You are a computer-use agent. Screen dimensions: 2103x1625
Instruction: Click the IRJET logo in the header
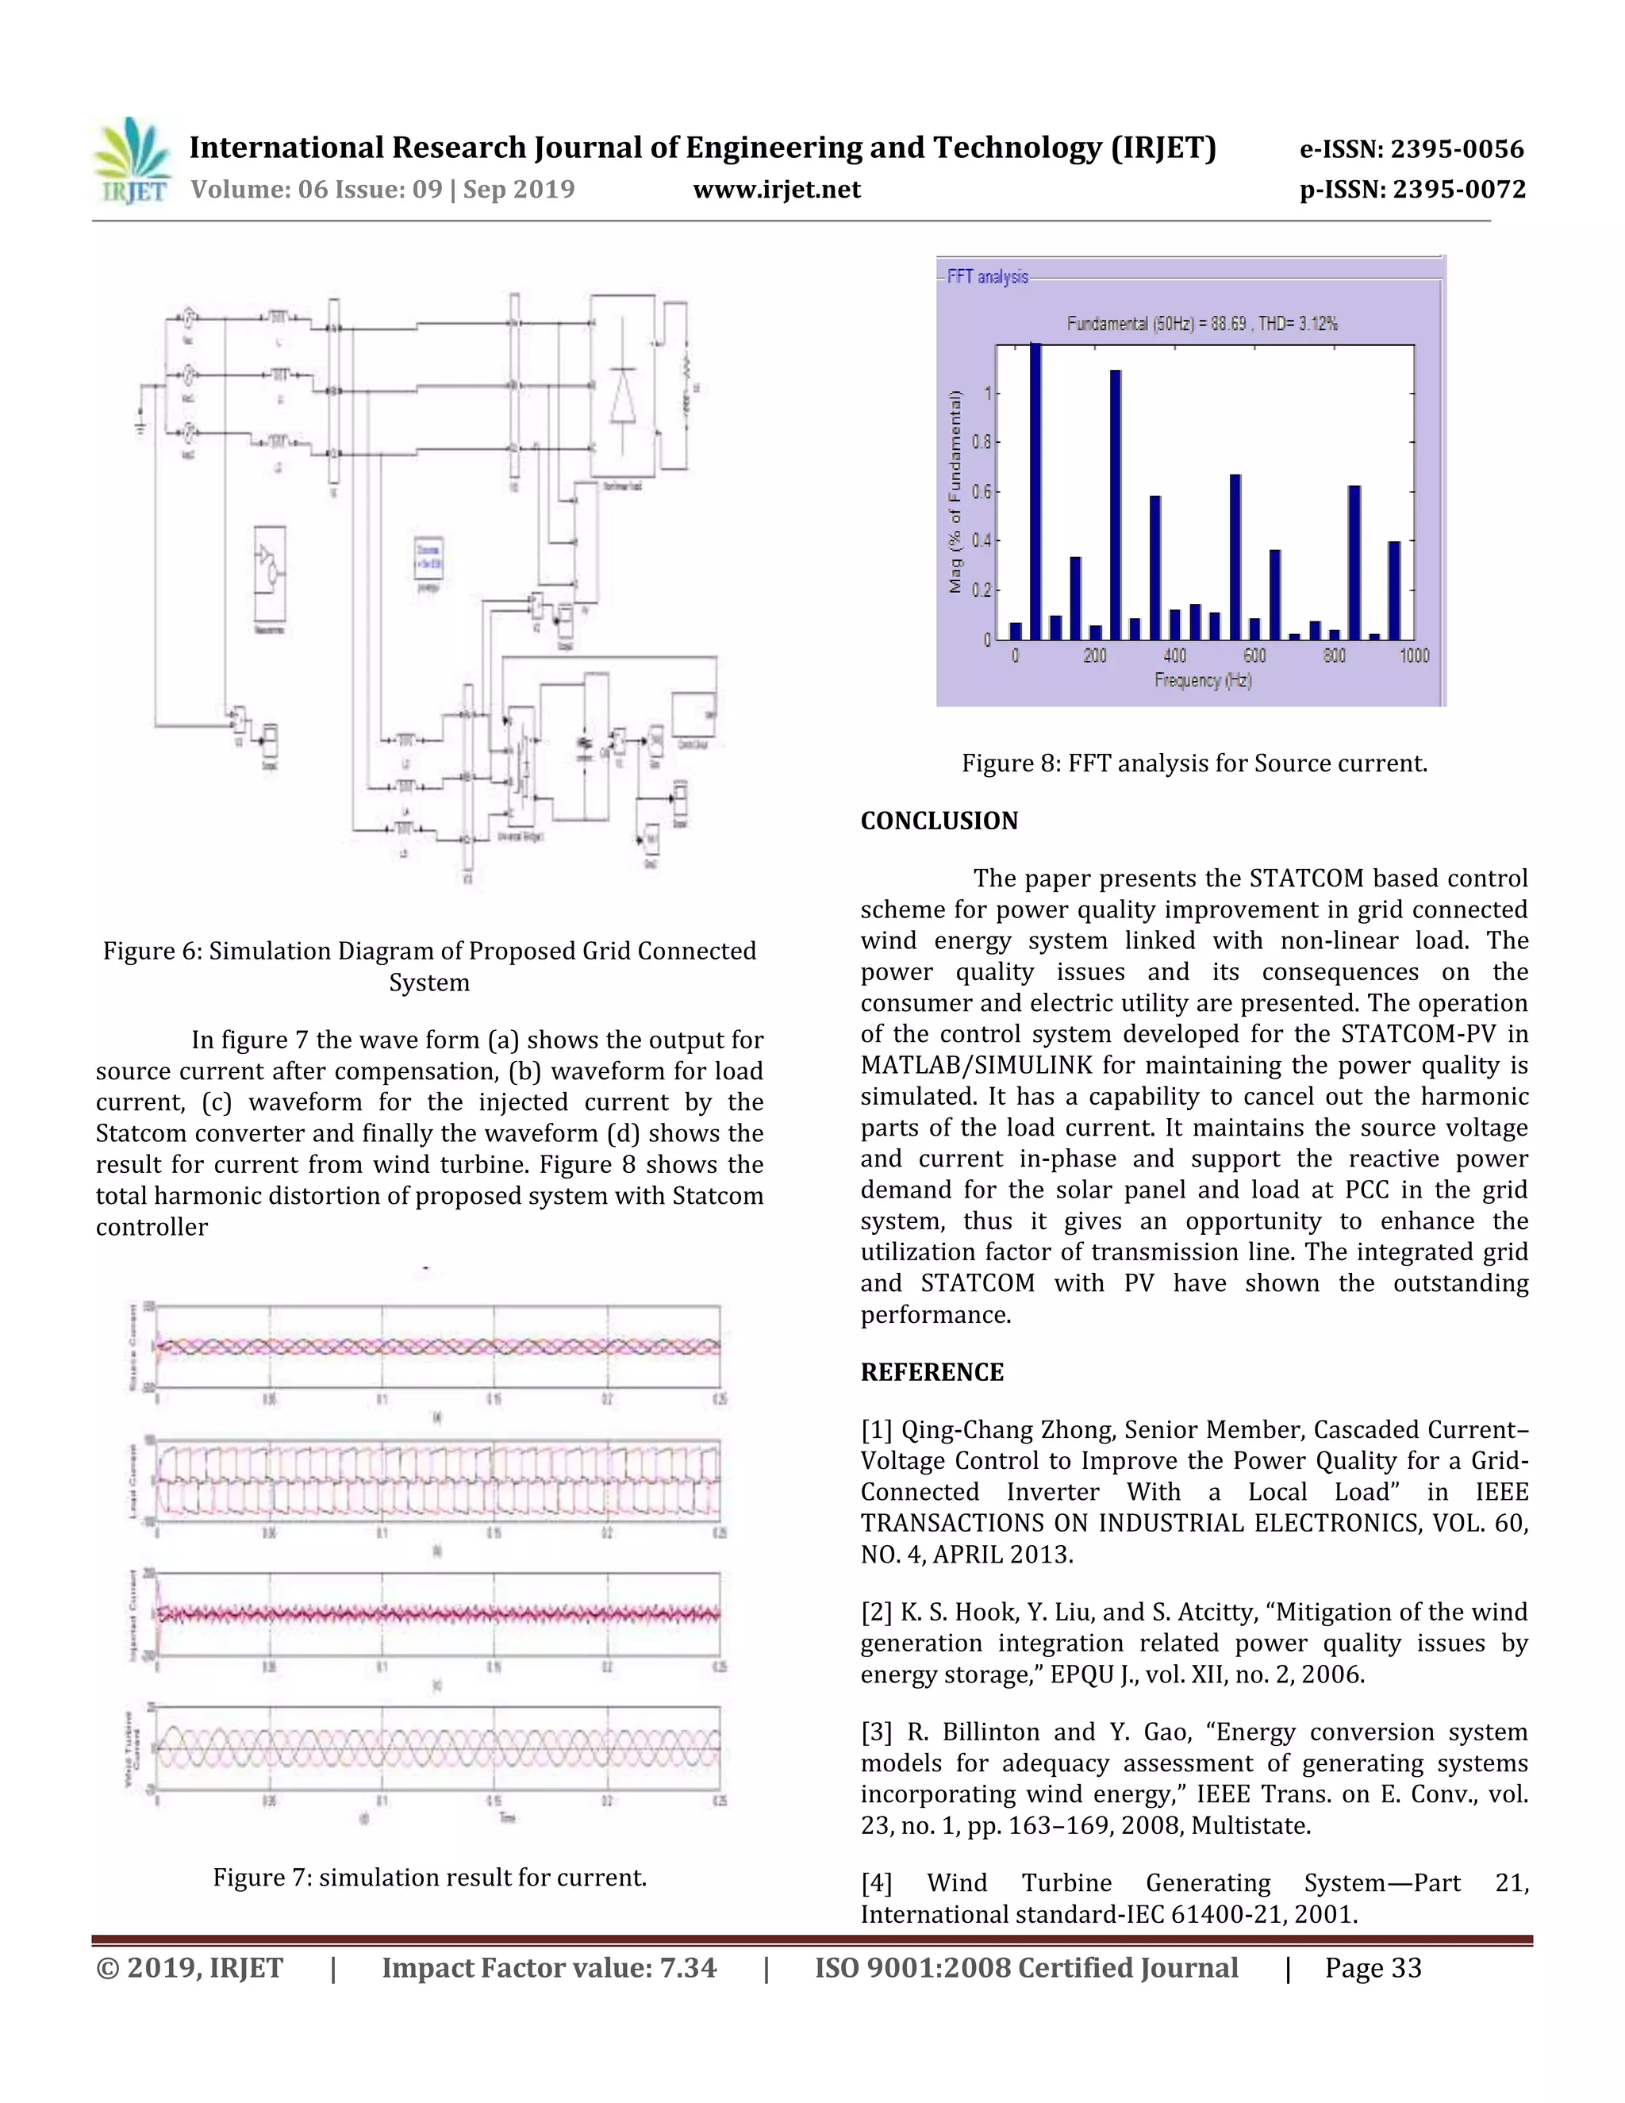pos(132,161)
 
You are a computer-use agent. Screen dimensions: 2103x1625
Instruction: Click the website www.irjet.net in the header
pos(776,189)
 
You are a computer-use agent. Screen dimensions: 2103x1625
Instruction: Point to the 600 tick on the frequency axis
pos(1254,656)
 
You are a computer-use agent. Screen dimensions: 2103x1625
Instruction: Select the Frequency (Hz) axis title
pos(1202,681)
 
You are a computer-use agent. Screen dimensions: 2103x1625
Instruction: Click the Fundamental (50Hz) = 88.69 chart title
pos(1201,324)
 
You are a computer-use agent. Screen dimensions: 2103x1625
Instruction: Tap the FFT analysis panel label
pos(987,277)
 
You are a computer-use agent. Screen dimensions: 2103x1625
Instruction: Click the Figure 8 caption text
pos(1193,763)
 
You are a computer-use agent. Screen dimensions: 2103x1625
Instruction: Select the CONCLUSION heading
pos(939,821)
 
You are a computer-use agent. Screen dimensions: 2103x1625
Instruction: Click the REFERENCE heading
pos(931,1372)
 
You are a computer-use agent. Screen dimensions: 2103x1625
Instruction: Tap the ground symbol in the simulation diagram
pos(140,424)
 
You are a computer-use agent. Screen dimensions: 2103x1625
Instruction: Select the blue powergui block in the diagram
pos(428,559)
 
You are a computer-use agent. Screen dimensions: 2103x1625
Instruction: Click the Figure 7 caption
pos(429,1878)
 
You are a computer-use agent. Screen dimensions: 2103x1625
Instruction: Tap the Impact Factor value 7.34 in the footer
pos(549,1968)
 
